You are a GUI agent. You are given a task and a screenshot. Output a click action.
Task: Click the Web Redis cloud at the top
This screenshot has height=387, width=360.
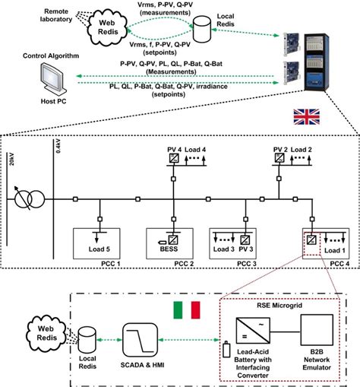click(107, 27)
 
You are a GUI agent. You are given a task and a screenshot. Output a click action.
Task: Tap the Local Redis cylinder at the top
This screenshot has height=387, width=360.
click(202, 29)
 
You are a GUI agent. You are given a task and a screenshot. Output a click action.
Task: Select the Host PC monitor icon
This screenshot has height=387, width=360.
click(53, 78)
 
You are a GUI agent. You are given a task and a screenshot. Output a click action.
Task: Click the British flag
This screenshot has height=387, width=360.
click(306, 117)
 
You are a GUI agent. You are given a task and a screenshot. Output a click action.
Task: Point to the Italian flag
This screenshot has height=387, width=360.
click(187, 309)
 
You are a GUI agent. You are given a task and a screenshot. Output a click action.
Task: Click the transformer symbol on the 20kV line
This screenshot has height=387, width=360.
click(30, 199)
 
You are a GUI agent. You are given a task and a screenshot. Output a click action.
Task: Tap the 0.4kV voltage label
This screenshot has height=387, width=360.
click(58, 146)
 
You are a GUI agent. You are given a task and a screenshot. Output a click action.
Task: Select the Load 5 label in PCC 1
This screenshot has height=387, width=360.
click(99, 249)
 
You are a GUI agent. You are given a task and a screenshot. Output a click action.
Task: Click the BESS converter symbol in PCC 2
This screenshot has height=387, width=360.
click(173, 239)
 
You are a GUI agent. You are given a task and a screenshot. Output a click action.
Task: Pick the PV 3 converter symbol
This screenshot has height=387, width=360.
click(245, 239)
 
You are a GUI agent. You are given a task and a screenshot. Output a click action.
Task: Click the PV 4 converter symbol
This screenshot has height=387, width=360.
click(174, 158)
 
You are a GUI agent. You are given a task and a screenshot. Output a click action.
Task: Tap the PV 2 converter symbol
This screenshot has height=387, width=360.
click(279, 158)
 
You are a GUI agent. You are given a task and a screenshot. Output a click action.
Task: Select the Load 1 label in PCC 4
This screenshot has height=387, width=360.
click(335, 250)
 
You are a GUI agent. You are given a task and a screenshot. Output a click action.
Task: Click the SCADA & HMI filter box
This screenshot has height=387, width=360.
click(140, 340)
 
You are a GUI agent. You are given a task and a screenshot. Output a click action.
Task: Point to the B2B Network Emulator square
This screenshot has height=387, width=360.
click(317, 330)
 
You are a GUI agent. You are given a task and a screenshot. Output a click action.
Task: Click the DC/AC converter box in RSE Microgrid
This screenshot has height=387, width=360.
click(253, 331)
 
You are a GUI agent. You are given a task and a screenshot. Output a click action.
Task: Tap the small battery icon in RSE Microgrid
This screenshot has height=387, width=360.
click(227, 349)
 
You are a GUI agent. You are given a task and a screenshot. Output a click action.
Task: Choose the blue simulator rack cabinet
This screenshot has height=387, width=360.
click(317, 62)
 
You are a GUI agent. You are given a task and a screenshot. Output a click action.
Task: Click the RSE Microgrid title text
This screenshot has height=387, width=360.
click(279, 306)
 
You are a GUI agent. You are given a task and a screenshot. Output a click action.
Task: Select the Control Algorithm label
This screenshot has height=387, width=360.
click(51, 56)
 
